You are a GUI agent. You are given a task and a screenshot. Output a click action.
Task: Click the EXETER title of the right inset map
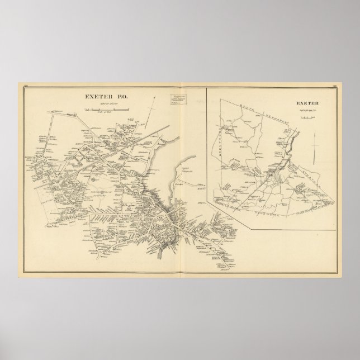[x=307, y=103]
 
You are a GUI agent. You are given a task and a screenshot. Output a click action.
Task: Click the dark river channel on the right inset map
[x=290, y=146]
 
